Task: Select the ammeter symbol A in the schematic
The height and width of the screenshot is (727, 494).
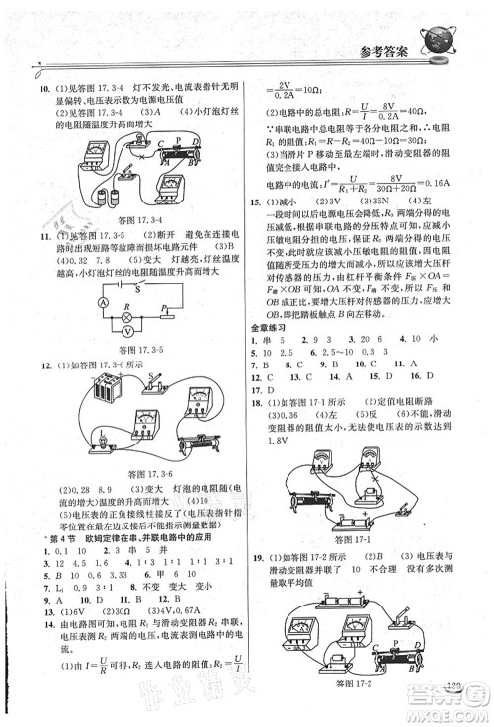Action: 103,328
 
